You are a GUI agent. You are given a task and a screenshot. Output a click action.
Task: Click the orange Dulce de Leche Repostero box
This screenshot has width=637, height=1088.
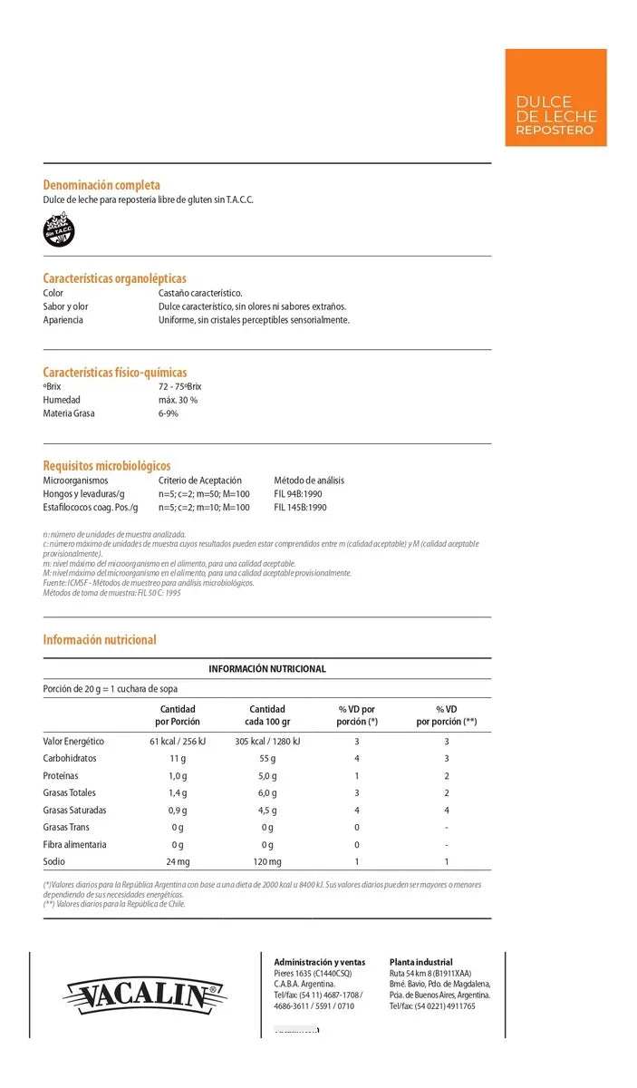[x=555, y=98]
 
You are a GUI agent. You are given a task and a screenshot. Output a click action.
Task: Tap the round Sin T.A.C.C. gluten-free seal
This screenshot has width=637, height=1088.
[x=60, y=229]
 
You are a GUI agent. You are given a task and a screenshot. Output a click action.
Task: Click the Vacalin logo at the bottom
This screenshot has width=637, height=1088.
[x=145, y=996]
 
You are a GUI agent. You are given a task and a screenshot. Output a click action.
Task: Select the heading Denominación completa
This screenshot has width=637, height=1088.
[x=101, y=185]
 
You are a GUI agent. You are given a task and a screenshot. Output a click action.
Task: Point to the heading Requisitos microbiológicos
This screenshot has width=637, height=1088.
[x=107, y=466]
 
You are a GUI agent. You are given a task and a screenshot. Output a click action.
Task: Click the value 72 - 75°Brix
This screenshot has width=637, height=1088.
[x=180, y=386]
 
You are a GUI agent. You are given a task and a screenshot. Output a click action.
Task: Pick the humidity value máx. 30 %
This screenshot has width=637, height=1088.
[x=178, y=400]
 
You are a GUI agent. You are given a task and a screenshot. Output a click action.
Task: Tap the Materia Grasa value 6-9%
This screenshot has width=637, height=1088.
[x=169, y=413]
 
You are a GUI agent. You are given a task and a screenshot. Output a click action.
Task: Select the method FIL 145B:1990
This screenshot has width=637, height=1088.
[x=300, y=508]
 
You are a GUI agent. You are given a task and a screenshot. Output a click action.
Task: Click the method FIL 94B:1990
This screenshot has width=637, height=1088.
[x=298, y=494]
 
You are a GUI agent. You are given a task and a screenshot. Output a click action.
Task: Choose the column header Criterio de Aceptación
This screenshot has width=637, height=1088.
[x=200, y=481]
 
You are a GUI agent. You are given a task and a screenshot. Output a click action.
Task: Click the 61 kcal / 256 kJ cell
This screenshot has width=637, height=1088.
[x=179, y=741]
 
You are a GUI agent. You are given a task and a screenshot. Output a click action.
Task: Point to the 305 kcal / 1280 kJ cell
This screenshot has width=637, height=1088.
[x=267, y=741]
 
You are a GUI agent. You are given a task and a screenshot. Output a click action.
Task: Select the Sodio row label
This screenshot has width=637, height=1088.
[x=55, y=861]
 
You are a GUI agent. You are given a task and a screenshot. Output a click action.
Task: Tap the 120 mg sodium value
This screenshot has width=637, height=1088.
[x=267, y=861]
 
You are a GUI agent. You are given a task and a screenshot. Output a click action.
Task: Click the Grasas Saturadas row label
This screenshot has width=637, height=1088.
[x=74, y=810]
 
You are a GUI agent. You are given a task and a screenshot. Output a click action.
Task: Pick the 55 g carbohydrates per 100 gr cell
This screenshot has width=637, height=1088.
[x=267, y=758]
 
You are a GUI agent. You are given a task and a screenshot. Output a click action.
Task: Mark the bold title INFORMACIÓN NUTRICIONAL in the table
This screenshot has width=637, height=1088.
[x=267, y=669]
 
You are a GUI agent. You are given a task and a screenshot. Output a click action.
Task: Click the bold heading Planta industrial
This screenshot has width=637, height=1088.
[x=420, y=962]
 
